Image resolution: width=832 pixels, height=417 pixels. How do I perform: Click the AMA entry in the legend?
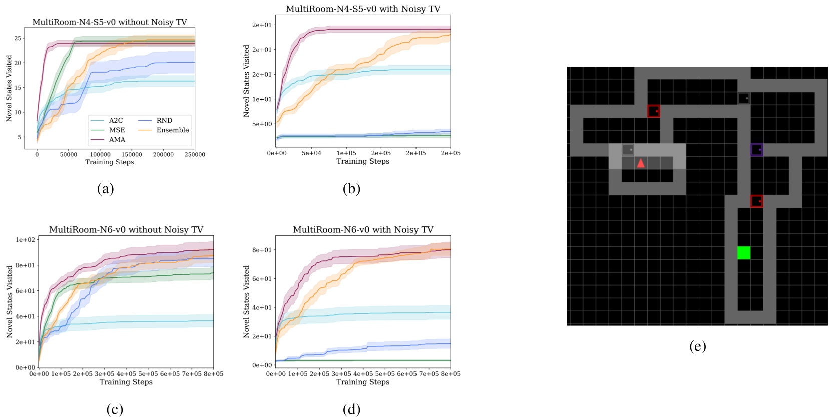tap(117, 140)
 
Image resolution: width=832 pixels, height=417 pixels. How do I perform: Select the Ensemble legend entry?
tap(172, 130)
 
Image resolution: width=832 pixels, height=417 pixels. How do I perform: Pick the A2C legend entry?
tap(116, 121)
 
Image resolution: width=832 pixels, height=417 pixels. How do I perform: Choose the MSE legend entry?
tap(117, 130)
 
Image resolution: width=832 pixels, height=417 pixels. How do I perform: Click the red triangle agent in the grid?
tap(641, 163)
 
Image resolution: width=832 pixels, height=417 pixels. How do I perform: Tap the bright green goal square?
tap(744, 253)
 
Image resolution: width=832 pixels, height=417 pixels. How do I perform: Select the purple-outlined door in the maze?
tap(756, 150)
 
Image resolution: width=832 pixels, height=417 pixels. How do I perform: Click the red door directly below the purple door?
tap(756, 201)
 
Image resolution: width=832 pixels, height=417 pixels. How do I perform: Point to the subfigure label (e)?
tap(697, 346)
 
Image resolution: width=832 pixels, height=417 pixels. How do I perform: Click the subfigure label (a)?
tap(105, 188)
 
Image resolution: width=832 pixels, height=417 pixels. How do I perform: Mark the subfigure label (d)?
tap(351, 409)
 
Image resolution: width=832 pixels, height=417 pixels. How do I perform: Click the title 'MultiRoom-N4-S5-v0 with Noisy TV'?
tap(363, 9)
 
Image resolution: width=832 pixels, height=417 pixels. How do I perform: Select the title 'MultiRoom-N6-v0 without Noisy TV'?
tap(126, 230)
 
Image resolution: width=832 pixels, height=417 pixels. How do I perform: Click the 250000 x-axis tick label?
tap(195, 155)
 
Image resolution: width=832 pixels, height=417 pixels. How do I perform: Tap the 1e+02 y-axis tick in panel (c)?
tap(26, 240)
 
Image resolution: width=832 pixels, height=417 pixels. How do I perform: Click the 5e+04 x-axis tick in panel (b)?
tap(311, 153)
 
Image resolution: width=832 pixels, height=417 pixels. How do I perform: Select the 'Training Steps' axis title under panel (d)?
tap(363, 382)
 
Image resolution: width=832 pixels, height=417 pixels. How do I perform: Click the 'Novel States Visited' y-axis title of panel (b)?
tap(246, 81)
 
